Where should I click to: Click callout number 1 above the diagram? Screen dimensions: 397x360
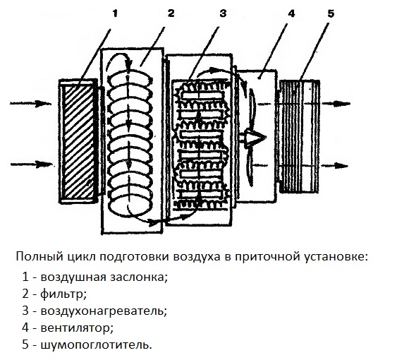pos(116,13)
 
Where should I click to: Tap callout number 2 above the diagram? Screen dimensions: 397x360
pos(171,13)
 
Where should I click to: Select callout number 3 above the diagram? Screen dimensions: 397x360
pos(223,13)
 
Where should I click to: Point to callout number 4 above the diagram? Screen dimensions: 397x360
pos(292,13)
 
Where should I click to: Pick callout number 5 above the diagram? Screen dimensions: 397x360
pos(331,13)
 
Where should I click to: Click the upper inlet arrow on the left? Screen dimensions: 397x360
pos(30,104)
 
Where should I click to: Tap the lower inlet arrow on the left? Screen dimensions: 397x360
pos(32,164)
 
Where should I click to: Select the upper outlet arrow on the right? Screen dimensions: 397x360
pos(336,104)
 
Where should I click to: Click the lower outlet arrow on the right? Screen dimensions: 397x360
pos(335,166)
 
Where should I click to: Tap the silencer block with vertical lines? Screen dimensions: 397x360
pos(300,136)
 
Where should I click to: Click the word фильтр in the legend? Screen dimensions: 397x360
pos(63,294)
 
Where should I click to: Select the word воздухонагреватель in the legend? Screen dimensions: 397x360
pos(104,311)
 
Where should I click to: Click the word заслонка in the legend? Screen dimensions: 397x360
pos(139,277)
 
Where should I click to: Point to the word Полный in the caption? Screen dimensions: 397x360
pos(39,256)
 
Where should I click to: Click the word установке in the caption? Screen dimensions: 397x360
pos(335,257)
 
